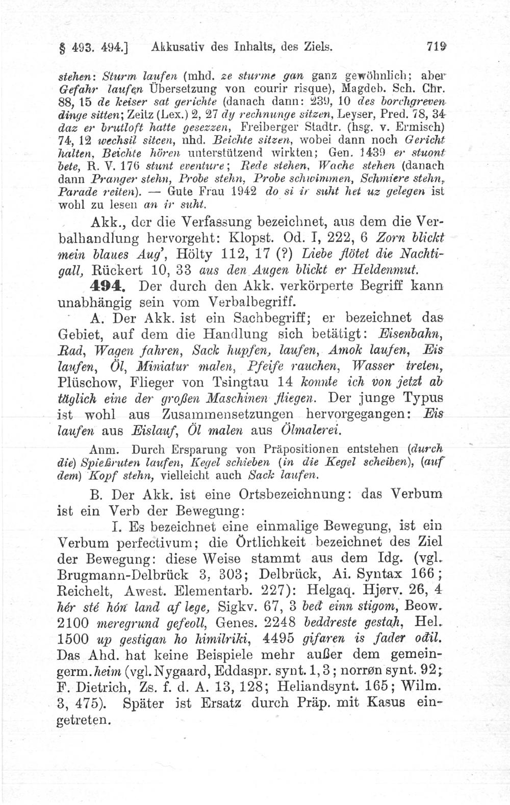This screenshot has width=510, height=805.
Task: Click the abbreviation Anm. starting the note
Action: (x=104, y=450)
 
